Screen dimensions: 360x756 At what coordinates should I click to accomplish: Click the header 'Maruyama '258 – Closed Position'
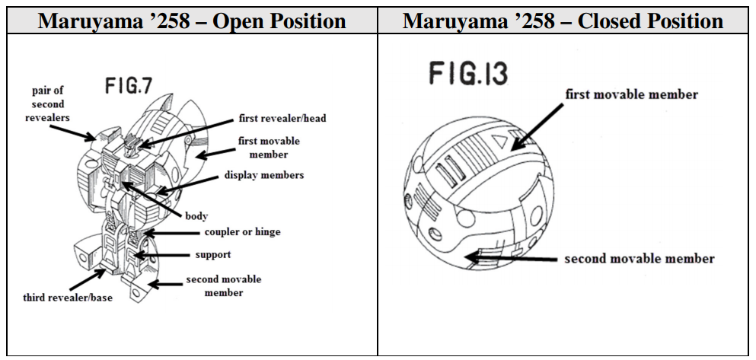(x=563, y=21)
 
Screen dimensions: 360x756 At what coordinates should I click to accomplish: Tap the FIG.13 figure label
(x=469, y=75)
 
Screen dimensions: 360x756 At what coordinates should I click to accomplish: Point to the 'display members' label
(x=263, y=175)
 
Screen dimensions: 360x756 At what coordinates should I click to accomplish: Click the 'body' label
(x=196, y=216)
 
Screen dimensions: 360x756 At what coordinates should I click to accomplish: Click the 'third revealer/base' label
(x=67, y=297)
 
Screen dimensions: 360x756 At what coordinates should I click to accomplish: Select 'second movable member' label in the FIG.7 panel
(x=223, y=285)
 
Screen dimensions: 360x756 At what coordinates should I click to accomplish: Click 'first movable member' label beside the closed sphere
(x=631, y=94)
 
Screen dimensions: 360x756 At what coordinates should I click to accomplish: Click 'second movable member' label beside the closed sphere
(x=639, y=259)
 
